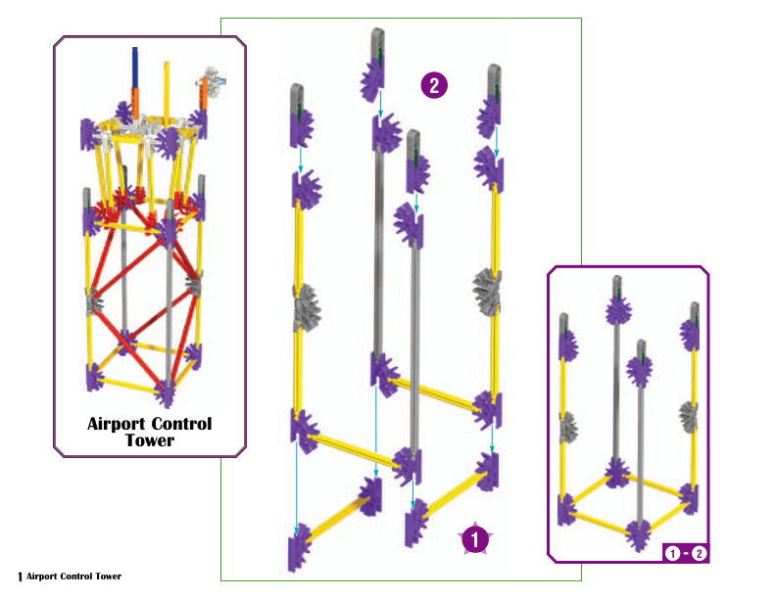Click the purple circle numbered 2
point(434,85)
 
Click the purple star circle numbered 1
point(475,538)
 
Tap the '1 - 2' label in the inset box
point(686,553)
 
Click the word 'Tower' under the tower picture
point(150,439)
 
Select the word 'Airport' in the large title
point(117,424)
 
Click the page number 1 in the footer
point(20,576)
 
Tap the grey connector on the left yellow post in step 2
point(307,307)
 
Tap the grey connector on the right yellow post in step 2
point(488,293)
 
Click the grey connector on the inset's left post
point(568,427)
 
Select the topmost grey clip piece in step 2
point(377,44)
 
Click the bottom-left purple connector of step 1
point(300,547)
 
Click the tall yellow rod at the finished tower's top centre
point(167,91)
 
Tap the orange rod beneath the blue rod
point(134,103)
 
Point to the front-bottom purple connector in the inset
point(639,535)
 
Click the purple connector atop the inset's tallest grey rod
point(618,311)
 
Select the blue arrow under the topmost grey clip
point(380,104)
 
